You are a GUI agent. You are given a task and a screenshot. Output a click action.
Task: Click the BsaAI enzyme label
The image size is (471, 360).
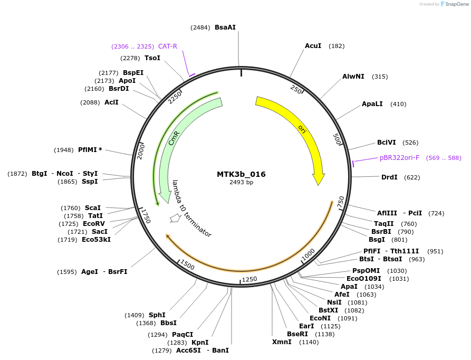point(225,27)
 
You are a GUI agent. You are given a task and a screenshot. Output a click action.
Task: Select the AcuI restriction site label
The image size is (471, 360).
point(313,46)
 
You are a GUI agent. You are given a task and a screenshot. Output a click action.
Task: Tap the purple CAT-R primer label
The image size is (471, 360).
point(168,46)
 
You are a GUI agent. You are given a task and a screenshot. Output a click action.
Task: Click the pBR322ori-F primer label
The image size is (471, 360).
point(399,157)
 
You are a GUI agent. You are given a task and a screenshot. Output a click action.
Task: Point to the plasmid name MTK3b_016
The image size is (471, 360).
point(241,174)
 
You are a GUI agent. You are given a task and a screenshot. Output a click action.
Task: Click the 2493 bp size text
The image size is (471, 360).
point(241,182)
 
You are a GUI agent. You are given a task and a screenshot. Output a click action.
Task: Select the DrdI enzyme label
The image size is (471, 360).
point(389,177)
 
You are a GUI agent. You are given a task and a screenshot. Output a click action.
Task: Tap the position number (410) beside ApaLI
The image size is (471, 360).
point(398,104)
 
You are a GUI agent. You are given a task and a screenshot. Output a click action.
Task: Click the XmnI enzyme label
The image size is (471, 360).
point(282,342)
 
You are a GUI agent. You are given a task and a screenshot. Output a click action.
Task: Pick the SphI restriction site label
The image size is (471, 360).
point(157,315)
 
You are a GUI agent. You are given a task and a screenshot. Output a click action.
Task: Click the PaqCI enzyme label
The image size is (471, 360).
point(182,334)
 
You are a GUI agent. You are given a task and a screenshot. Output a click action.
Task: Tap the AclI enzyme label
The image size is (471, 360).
point(111,102)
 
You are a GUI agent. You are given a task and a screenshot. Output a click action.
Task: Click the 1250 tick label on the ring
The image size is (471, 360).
point(249,279)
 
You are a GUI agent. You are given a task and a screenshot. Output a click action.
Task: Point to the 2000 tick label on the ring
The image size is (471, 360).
point(141,150)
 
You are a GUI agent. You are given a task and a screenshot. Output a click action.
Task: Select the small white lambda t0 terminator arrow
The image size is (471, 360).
point(175,217)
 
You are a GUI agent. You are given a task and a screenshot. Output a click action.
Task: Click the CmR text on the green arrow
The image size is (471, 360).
point(174,139)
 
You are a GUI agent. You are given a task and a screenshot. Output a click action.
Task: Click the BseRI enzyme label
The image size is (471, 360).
point(297,334)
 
